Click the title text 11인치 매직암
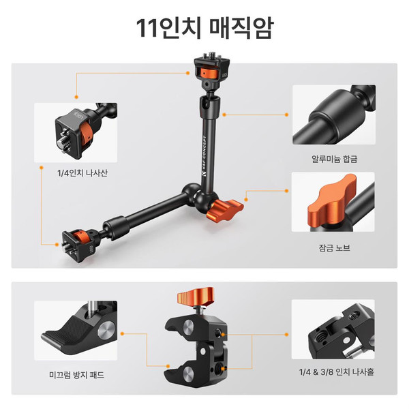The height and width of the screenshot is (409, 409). click(204, 28)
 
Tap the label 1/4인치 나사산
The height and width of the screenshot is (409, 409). click(82, 173)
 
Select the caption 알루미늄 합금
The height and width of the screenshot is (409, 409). click(334, 159)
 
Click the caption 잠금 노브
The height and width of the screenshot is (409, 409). click(334, 247)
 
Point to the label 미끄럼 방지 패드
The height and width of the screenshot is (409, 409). click(76, 375)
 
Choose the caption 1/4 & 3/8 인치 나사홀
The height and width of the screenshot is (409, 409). click(337, 372)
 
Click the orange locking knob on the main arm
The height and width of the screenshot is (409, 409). click(225, 210)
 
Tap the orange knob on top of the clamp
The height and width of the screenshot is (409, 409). click(196, 296)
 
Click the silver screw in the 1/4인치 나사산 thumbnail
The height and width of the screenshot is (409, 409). click(63, 143)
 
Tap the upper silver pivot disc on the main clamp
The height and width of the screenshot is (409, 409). click(188, 327)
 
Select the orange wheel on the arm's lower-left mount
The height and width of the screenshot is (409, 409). click(79, 236)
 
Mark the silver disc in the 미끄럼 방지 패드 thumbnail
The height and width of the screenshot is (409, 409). click(106, 330)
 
